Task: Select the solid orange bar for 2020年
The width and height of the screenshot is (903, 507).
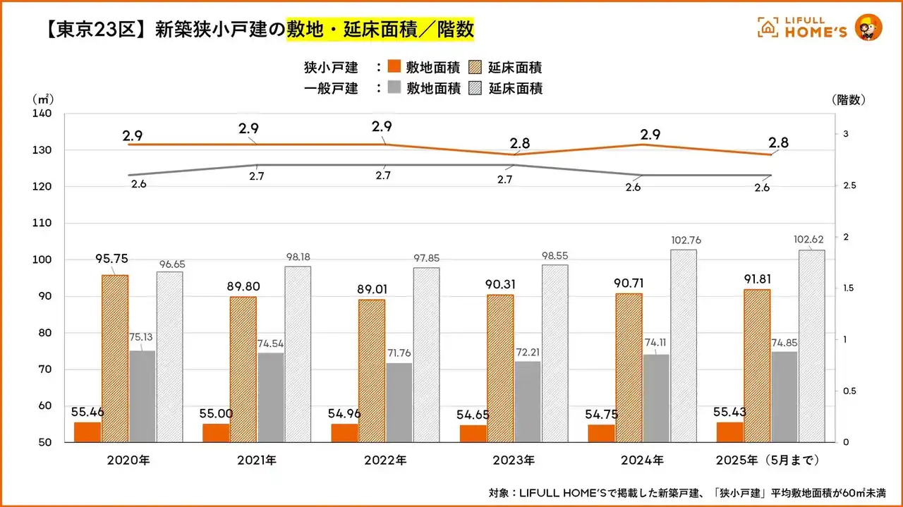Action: click(87, 432)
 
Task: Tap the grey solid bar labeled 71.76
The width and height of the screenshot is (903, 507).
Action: click(399, 402)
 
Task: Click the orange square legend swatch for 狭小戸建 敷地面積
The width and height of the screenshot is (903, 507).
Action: click(394, 68)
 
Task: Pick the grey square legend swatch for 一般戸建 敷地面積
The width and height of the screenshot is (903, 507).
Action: click(394, 88)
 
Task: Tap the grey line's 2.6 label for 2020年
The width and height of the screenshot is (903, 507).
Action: click(140, 184)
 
